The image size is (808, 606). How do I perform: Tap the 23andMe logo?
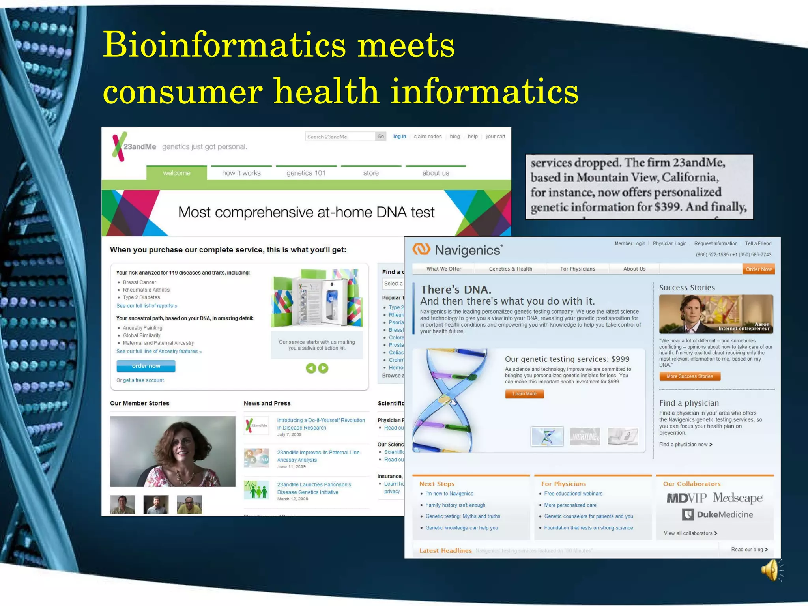[134, 147]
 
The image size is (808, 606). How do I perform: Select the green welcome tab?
[176, 173]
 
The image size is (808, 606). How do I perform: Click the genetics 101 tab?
[306, 173]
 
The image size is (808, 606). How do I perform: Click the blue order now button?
[146, 366]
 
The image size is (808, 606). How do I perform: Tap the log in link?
[399, 137]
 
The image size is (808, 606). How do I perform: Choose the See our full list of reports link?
[146, 306]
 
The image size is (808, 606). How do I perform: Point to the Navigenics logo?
[458, 250]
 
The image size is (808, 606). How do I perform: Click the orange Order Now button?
[758, 269]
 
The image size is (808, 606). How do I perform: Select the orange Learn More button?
[524, 394]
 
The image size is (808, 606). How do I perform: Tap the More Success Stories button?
[690, 376]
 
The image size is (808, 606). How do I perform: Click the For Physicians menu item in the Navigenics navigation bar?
[578, 269]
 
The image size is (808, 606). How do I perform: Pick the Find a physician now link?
[686, 445]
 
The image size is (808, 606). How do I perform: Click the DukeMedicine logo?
[718, 514]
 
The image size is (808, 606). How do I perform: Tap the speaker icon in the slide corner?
[772, 570]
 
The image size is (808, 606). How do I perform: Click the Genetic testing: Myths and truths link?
[463, 516]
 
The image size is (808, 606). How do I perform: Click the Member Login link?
[630, 243]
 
